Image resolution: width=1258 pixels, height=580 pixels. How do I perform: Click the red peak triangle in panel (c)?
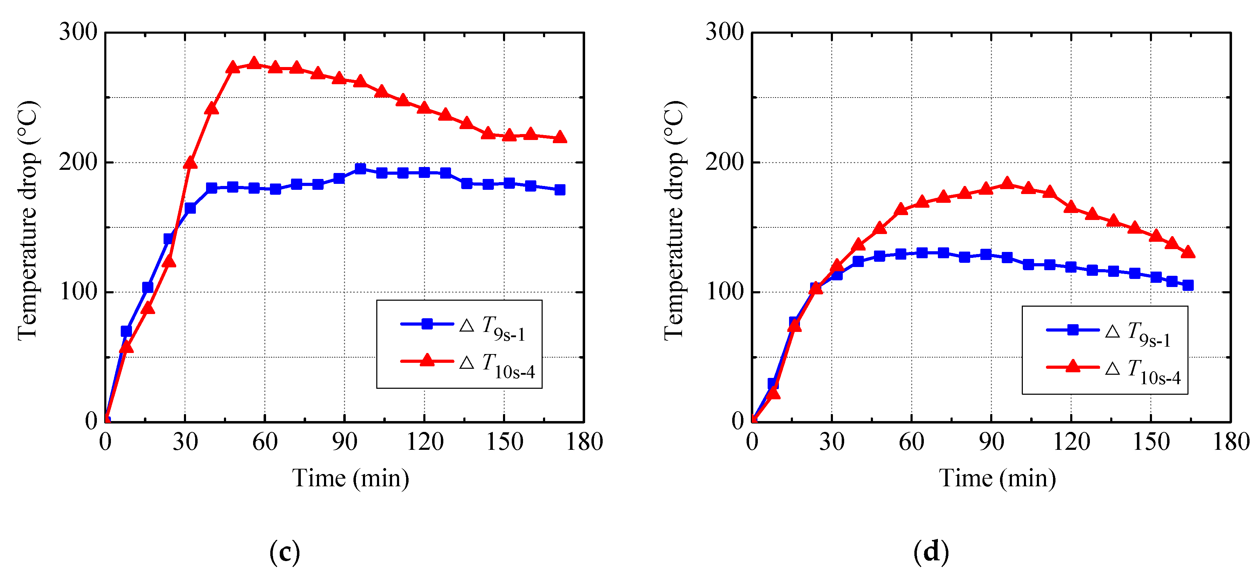(x=254, y=63)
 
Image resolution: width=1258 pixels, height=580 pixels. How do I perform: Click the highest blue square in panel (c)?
(x=360, y=168)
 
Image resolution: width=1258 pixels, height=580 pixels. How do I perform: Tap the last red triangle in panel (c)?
(x=560, y=137)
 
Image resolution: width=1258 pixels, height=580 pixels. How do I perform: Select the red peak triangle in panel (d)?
(x=1007, y=183)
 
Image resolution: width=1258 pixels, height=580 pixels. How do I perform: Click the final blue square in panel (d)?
(x=1188, y=285)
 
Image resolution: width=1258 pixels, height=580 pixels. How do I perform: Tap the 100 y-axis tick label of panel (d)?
(x=724, y=292)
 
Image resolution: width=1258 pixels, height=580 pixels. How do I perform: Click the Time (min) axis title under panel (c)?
(x=350, y=479)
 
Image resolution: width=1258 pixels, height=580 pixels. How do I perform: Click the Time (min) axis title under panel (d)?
(x=997, y=479)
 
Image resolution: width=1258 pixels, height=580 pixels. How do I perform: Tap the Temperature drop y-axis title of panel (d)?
(x=674, y=220)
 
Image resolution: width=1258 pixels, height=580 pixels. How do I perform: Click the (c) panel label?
(x=284, y=552)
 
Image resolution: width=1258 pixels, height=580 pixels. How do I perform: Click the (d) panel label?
(x=931, y=552)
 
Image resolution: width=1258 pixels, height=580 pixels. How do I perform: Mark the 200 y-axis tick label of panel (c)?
(x=78, y=162)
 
